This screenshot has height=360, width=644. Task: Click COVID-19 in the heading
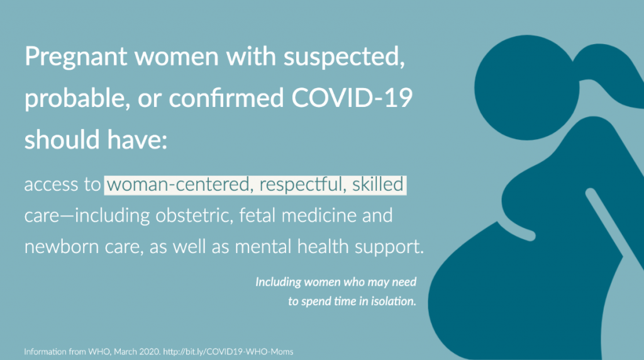(352, 98)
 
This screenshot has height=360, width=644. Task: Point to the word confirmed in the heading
(226, 98)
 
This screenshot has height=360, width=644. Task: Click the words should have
(96, 139)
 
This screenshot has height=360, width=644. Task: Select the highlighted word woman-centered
(178, 184)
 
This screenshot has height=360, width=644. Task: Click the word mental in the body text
(264, 247)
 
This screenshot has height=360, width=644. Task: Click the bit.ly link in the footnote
(228, 352)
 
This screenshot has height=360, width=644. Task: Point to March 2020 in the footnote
(136, 352)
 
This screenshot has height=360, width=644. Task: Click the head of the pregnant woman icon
(527, 87)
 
